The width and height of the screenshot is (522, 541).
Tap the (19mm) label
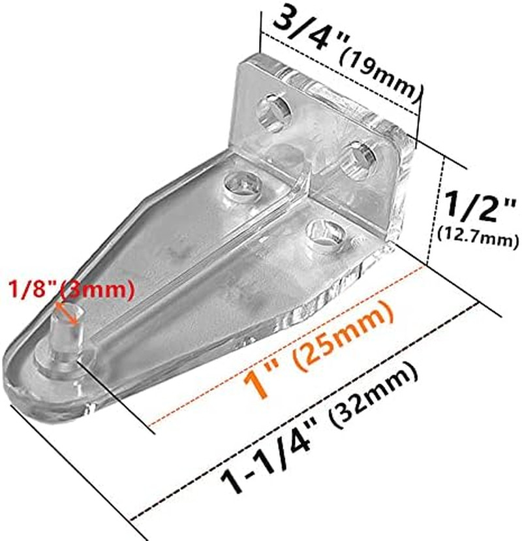click(378, 72)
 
